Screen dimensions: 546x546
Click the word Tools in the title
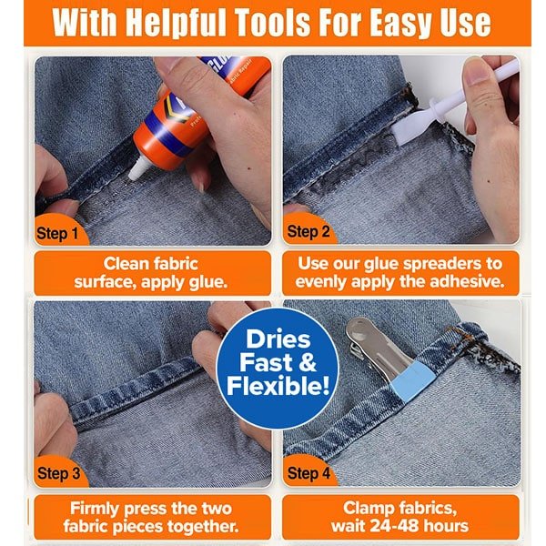(271, 22)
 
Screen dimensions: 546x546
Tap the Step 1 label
(57, 233)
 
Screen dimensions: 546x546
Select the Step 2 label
(308, 231)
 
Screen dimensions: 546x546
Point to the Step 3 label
(58, 473)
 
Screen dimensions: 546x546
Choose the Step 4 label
(308, 473)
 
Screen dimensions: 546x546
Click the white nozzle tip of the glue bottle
(138, 167)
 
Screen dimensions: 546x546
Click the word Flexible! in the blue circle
(278, 386)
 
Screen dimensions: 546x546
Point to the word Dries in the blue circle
(278, 339)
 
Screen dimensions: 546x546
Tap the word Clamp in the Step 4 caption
(365, 509)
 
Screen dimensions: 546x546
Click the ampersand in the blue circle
(308, 362)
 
